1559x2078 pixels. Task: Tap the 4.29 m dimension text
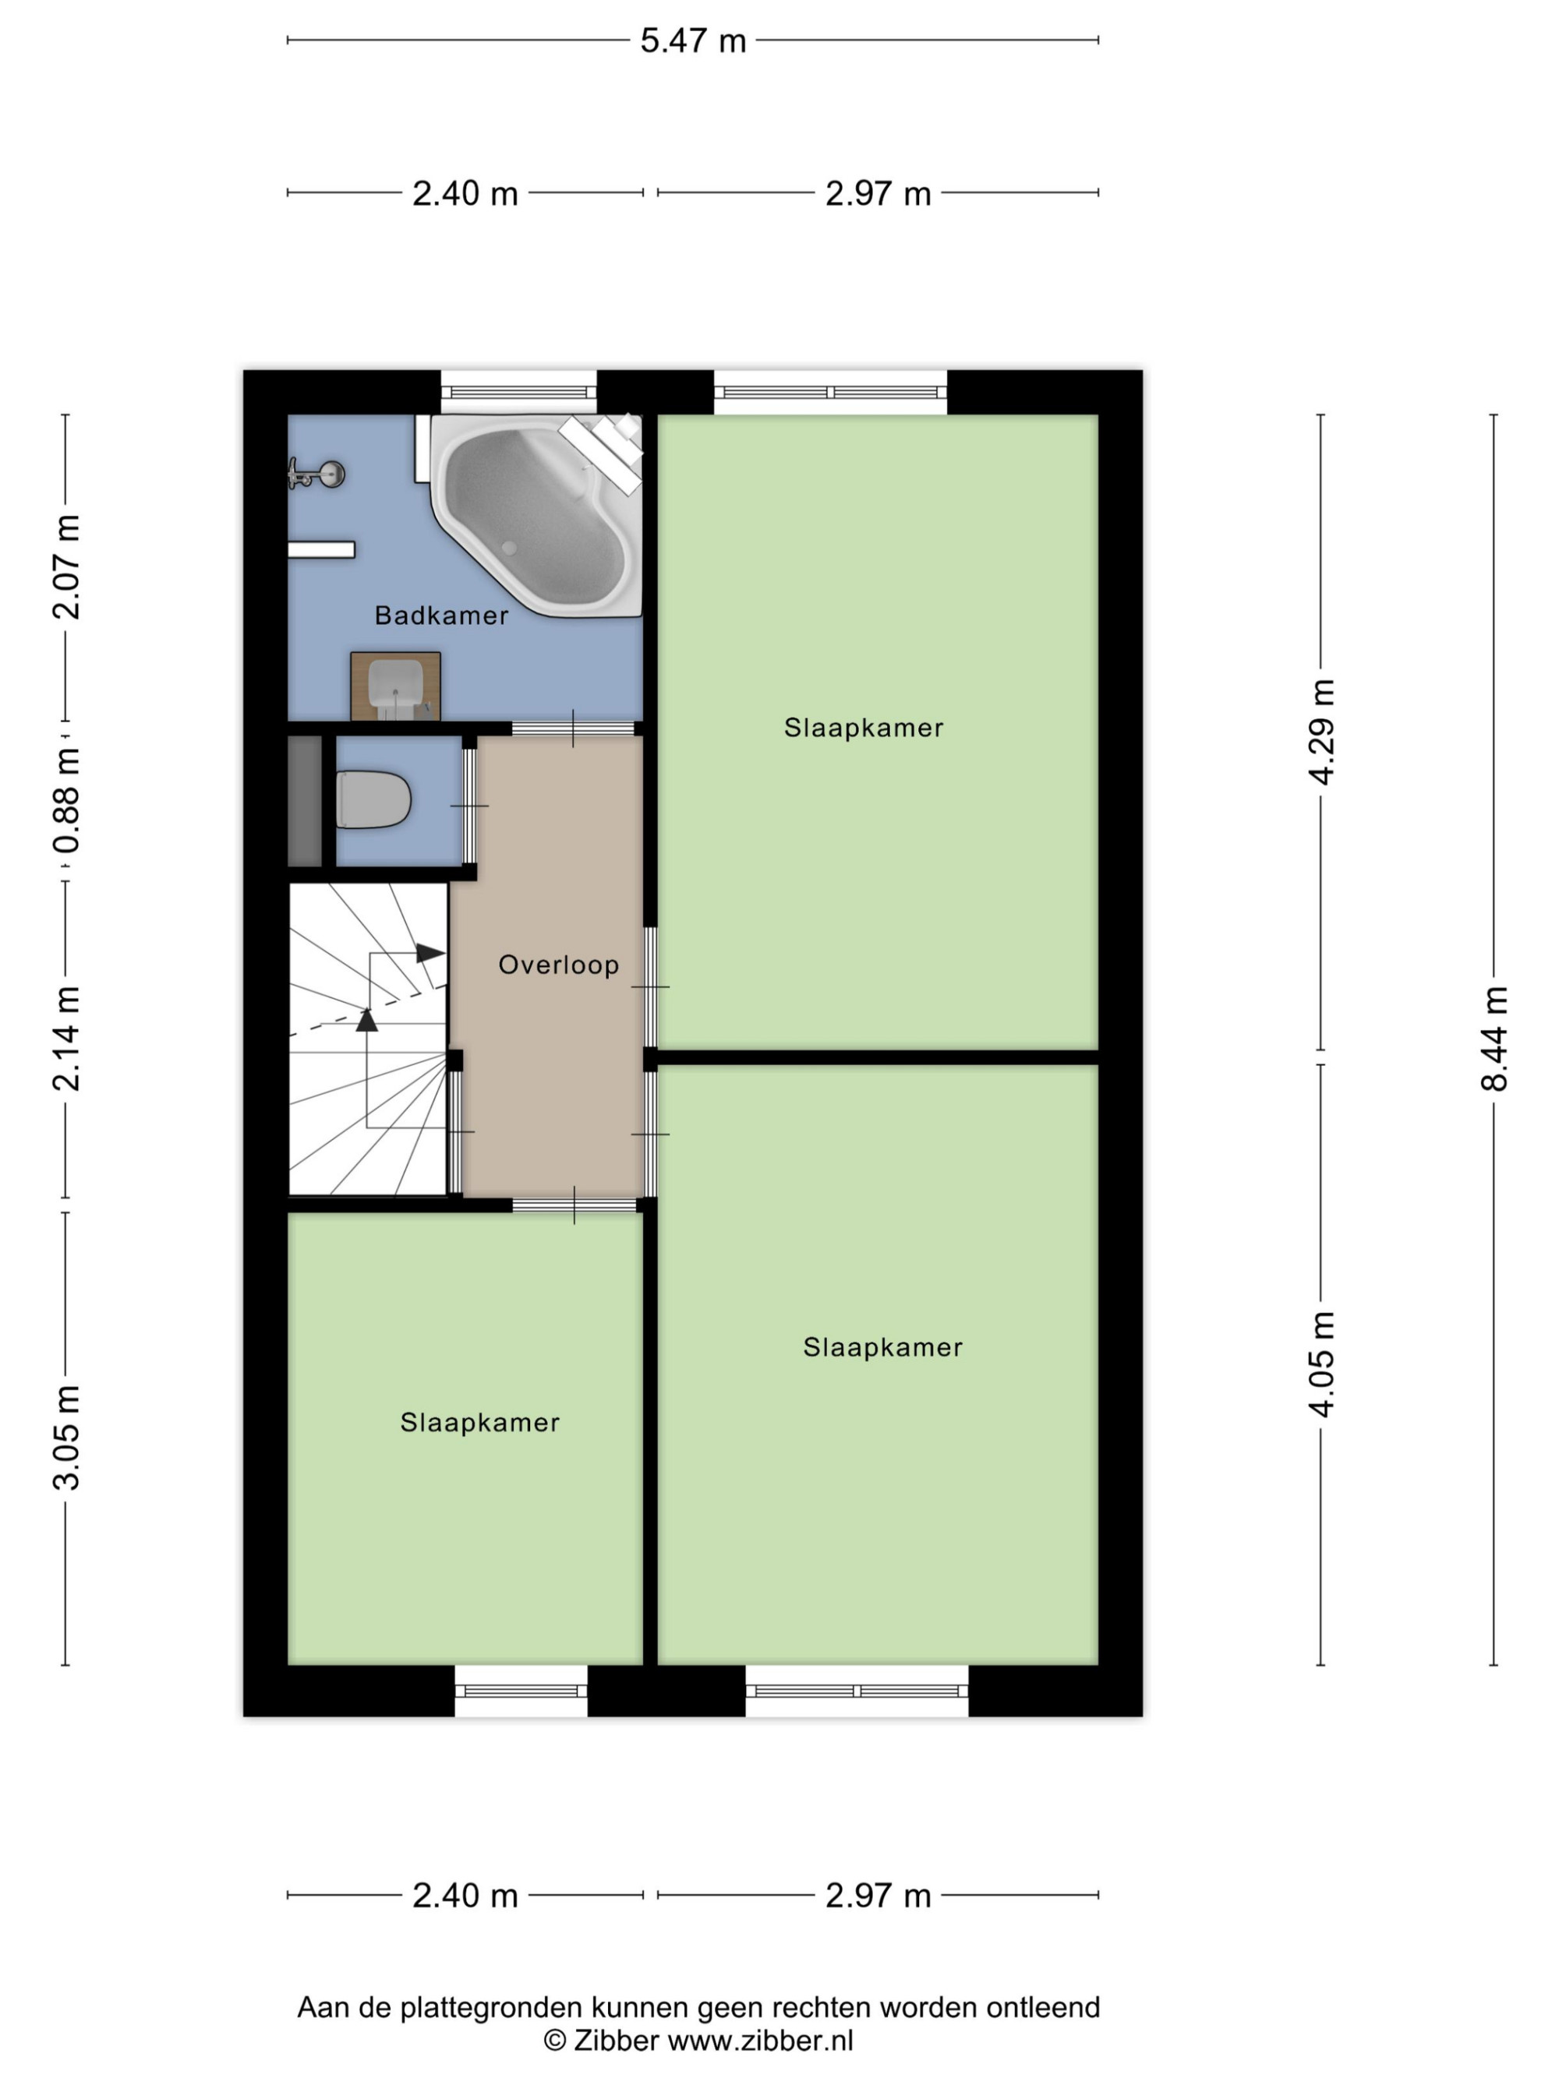(x=1321, y=731)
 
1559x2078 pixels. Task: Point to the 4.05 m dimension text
(x=1321, y=1363)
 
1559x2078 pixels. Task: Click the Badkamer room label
(x=442, y=616)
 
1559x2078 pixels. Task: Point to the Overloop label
(x=559, y=965)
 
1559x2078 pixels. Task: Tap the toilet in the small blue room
(x=373, y=799)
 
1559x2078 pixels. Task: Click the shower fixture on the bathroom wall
(x=316, y=475)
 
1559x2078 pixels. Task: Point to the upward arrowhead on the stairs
(x=366, y=1019)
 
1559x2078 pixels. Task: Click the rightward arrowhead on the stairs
(x=431, y=953)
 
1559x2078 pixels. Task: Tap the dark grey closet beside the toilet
(x=305, y=800)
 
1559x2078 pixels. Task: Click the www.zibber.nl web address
(x=760, y=2040)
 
